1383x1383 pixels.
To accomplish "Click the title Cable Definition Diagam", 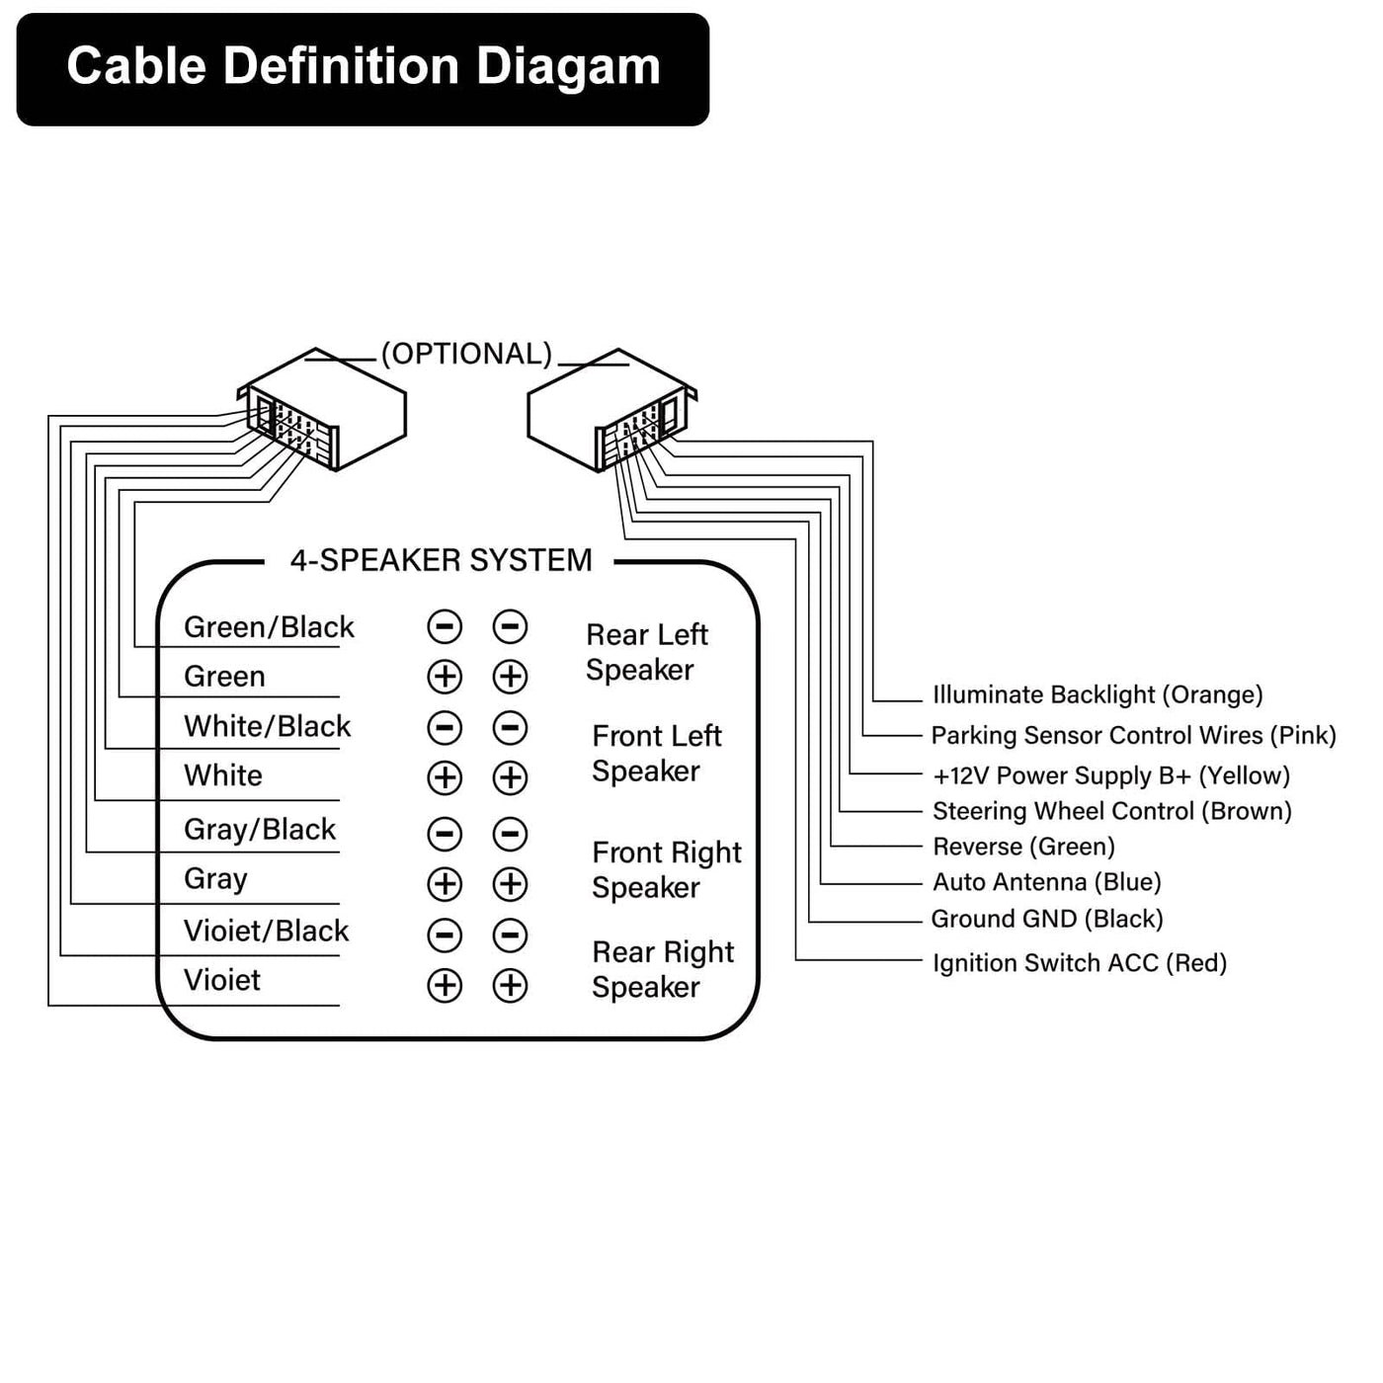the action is [364, 67].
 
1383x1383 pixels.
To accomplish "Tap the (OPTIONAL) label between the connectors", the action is [466, 354].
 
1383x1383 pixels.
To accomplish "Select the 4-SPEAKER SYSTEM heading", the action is [441, 560].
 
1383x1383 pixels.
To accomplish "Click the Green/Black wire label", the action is [269, 627].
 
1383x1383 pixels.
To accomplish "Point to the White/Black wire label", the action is [267, 726].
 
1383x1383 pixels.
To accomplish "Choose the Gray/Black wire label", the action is [260, 830].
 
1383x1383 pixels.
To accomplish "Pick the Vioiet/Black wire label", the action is [266, 931].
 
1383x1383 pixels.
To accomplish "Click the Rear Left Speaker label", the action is [647, 652].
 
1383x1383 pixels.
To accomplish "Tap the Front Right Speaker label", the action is [667, 870].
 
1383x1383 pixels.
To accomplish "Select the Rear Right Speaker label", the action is [663, 970].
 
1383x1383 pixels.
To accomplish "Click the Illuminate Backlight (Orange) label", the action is [1098, 694].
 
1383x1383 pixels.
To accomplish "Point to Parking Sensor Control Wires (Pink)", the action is [1133, 736].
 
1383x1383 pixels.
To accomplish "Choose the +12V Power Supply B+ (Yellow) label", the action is [1111, 775].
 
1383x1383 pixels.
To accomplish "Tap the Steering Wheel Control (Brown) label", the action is [1111, 812].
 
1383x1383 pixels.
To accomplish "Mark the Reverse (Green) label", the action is [1023, 847].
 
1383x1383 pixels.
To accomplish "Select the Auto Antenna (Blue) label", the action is [1046, 882].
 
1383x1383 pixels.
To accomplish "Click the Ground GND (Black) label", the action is [1047, 919].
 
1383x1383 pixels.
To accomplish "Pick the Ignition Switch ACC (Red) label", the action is [1080, 963].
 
